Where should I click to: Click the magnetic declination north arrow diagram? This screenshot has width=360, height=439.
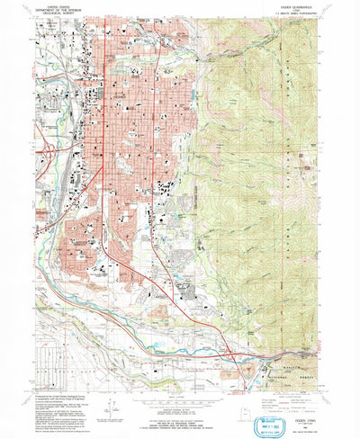point(106,392)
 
